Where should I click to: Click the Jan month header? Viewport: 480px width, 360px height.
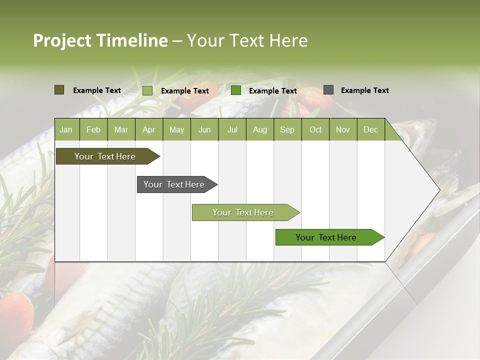66,130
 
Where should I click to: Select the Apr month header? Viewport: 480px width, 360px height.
148,130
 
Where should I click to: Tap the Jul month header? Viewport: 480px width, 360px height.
232,130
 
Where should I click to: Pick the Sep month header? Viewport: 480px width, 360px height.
287,130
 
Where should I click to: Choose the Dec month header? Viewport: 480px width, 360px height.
370,130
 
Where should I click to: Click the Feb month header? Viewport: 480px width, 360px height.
93,130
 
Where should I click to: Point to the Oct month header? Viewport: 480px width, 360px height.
315,130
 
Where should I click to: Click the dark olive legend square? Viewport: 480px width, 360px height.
59,90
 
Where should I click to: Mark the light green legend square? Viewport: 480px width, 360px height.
147,90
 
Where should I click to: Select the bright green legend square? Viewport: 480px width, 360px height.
236,90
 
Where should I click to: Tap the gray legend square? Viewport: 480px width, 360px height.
328,90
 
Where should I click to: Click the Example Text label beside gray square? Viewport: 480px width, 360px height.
364,90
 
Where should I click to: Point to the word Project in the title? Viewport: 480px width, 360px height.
62,40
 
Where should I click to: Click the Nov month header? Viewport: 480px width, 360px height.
343,130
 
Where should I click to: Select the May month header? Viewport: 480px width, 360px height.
176,130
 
